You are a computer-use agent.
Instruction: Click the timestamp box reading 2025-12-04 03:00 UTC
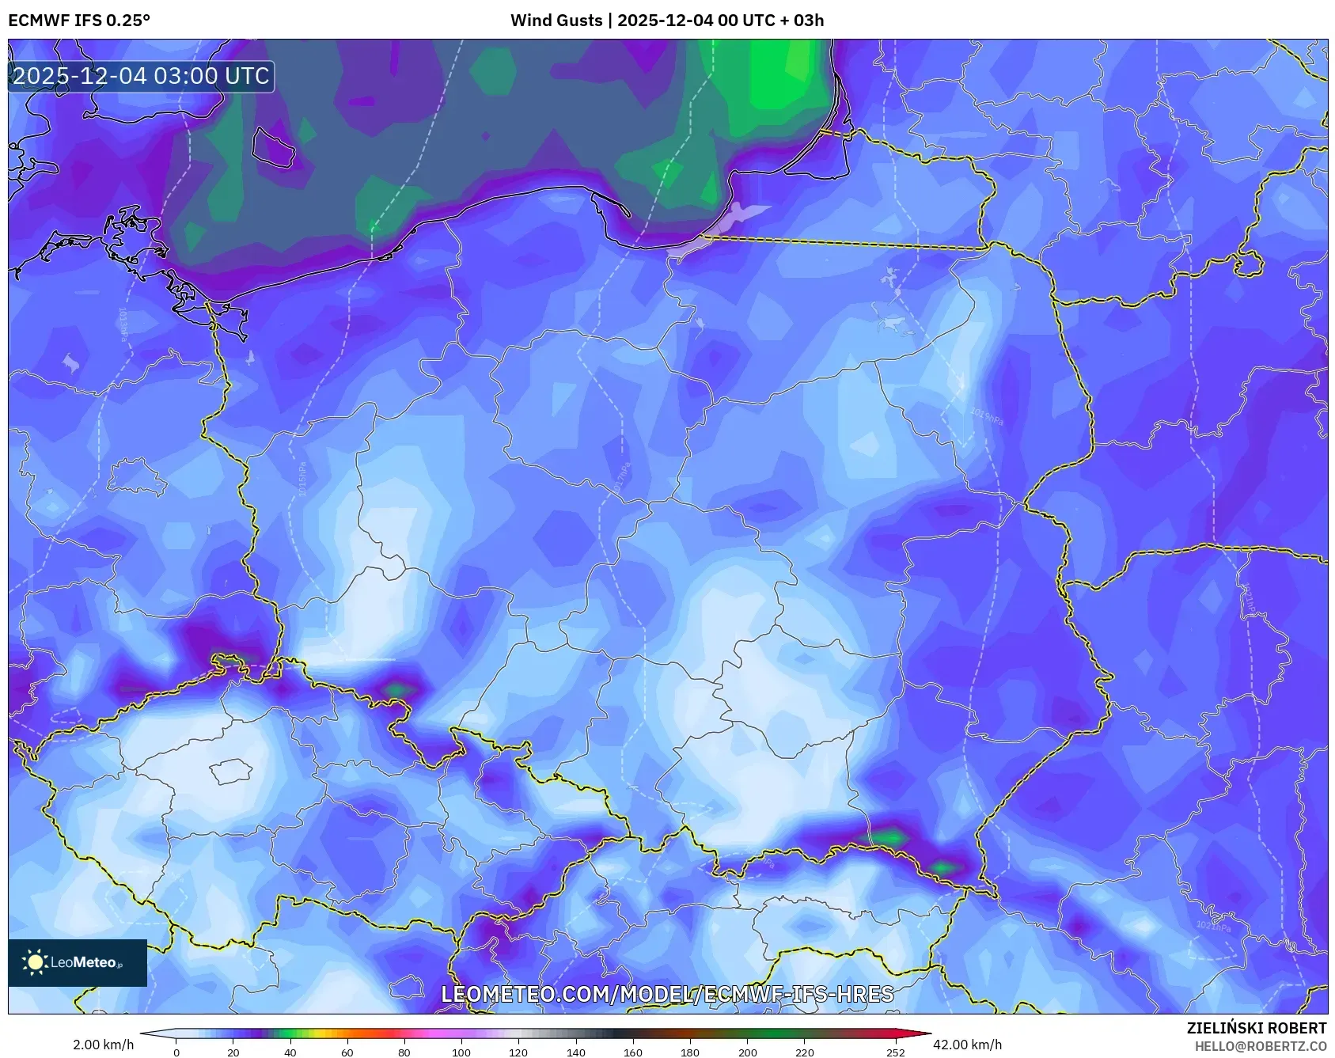[x=141, y=76]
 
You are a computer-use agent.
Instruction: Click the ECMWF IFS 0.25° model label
[x=79, y=21]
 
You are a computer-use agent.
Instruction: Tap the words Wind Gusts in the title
[x=556, y=21]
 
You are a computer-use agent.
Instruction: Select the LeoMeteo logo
[x=77, y=962]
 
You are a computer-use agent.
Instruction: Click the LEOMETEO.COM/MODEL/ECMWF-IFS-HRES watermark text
[x=667, y=994]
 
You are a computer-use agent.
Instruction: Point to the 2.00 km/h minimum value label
[x=103, y=1045]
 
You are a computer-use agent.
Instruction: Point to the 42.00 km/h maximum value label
[x=967, y=1045]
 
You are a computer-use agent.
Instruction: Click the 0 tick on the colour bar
[x=176, y=1052]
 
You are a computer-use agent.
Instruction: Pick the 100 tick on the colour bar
[x=461, y=1052]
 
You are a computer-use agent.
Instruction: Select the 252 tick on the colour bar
[x=895, y=1052]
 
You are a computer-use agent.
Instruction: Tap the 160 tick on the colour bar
[x=632, y=1052]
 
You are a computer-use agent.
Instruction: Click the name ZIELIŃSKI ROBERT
[x=1256, y=1028]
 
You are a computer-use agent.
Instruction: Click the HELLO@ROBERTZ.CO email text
[x=1260, y=1046]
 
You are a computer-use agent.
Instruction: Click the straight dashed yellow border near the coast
[x=847, y=242]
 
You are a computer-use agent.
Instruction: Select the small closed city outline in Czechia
[x=230, y=771]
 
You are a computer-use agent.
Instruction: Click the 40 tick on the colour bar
[x=290, y=1052]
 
